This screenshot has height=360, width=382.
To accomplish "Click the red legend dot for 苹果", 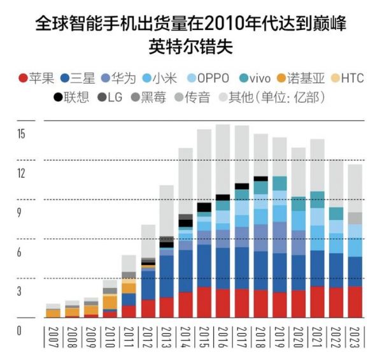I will [23, 78].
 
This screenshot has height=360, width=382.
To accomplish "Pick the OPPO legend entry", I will [210, 78].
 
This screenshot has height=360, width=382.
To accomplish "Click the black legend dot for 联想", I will [59, 97].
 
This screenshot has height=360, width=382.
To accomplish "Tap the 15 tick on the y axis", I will [21, 134].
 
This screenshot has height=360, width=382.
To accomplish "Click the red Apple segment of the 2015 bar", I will [204, 302].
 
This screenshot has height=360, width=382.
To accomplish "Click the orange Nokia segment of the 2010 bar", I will [110, 302].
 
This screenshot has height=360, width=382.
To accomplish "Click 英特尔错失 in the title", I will [191, 47].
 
